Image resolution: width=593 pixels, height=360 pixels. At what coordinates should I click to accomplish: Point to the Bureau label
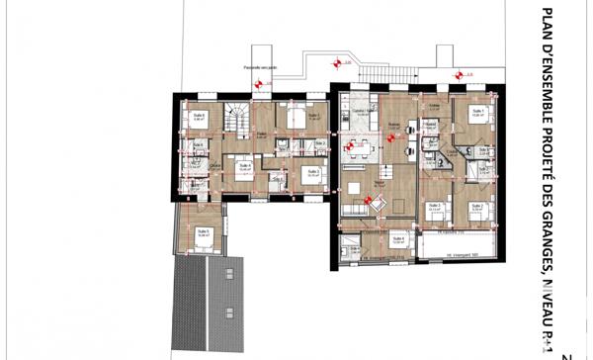(393, 125)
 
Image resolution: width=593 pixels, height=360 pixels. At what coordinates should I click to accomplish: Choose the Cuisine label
(363, 113)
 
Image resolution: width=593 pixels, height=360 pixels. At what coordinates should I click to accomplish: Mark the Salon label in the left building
(263, 135)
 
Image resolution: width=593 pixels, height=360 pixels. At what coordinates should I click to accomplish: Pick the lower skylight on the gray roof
(226, 316)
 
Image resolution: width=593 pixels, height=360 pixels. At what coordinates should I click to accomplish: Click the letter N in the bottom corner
(566, 354)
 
